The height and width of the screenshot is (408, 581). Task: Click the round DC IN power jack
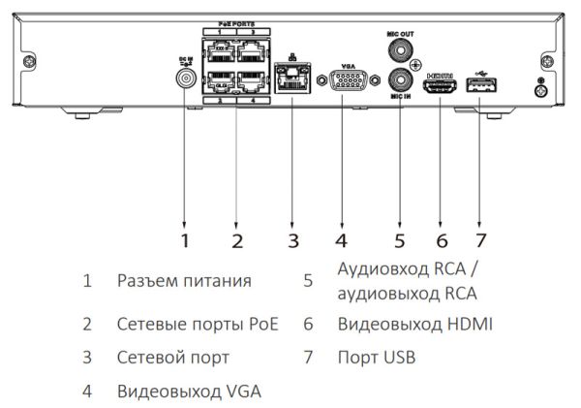184,80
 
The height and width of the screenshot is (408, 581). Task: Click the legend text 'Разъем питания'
184,281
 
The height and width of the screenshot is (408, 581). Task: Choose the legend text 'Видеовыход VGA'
188,392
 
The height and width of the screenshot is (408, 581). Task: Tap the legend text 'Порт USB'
376,358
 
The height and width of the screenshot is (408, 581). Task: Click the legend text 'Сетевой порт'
173,358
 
